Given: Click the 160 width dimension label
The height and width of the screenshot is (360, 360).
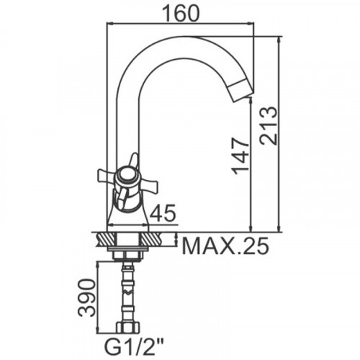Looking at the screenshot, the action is point(181,13).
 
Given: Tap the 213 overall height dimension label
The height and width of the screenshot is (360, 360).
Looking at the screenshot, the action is point(269,125).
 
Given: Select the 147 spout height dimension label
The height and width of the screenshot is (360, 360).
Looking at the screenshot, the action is point(240,156).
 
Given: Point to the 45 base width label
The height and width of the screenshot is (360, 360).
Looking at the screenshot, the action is point(163,212).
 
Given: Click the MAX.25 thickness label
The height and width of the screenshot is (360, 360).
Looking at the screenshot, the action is point(225,246).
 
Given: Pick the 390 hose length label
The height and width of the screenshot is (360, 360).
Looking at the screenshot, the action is point(87,297).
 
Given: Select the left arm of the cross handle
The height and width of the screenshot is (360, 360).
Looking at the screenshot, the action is point(105,176).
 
